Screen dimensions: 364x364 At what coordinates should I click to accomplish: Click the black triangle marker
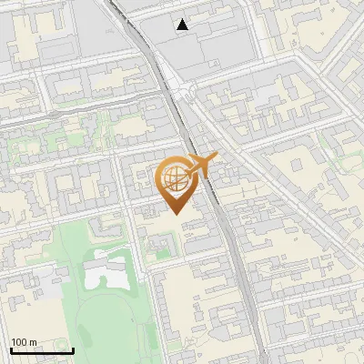[183, 25]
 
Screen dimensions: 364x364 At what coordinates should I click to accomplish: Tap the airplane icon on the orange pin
[199, 165]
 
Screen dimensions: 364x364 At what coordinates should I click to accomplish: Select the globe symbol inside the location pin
[174, 177]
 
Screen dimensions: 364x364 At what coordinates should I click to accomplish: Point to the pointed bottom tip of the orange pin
[175, 214]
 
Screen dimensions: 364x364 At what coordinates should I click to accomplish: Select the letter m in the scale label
[33, 342]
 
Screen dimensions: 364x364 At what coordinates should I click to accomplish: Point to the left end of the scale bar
[11, 351]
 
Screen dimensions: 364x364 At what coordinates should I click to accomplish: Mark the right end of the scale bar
[73, 351]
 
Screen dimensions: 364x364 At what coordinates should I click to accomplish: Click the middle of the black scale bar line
[42, 351]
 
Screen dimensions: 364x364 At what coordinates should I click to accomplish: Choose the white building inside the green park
[106, 271]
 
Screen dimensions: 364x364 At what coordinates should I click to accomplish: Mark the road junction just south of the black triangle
[187, 91]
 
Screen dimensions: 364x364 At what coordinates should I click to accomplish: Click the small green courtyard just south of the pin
[159, 244]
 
